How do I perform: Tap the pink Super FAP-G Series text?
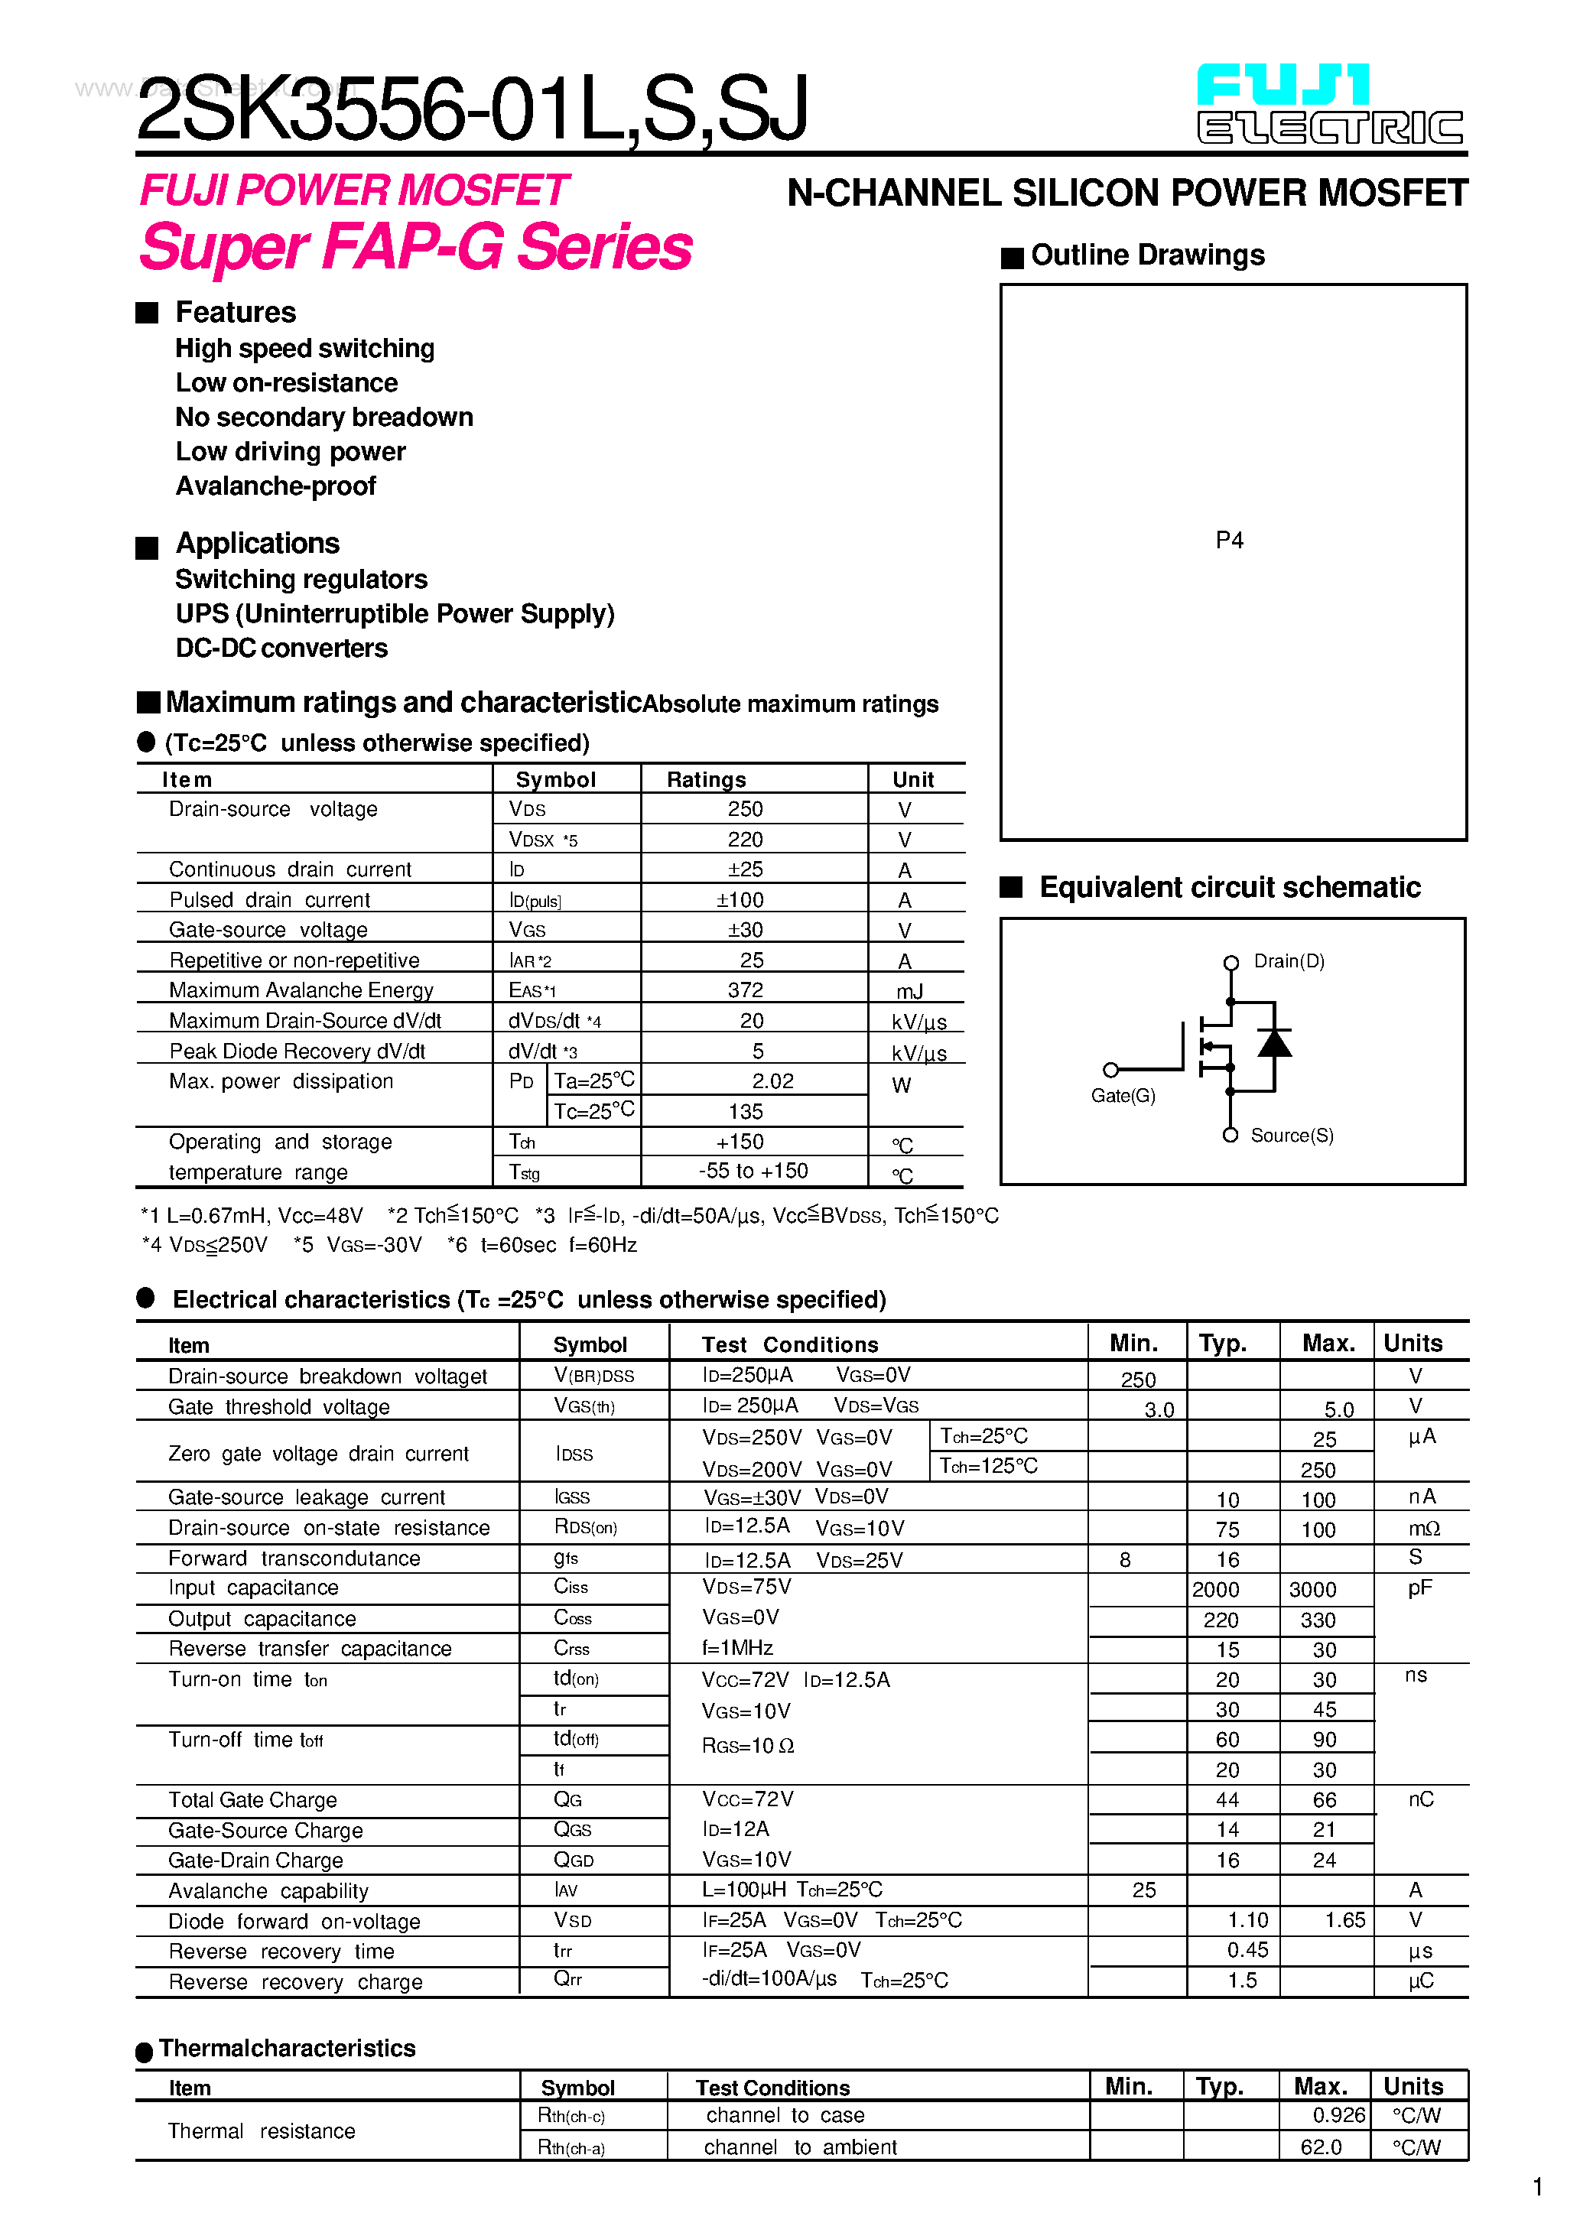tap(415, 246)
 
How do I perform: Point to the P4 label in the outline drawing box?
tap(1229, 541)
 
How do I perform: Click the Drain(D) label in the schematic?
tap(1288, 961)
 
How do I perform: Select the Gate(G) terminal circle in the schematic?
tap(1110, 1069)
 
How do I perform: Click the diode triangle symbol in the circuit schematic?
tap(1274, 1043)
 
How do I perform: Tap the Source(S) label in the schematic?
tap(1292, 1136)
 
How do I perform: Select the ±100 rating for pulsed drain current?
tap(740, 900)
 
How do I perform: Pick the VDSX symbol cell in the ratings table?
tap(542, 840)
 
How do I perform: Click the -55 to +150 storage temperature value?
tap(753, 1171)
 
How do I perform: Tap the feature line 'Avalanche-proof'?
tap(275, 486)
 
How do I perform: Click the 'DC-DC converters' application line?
tap(281, 648)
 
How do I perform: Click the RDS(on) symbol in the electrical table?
tap(584, 1527)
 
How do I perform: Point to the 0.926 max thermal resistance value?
tap(1338, 2115)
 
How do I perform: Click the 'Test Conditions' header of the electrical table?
tap(790, 1345)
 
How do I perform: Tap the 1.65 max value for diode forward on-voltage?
tap(1344, 1920)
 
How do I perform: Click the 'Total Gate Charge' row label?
tap(252, 1799)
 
